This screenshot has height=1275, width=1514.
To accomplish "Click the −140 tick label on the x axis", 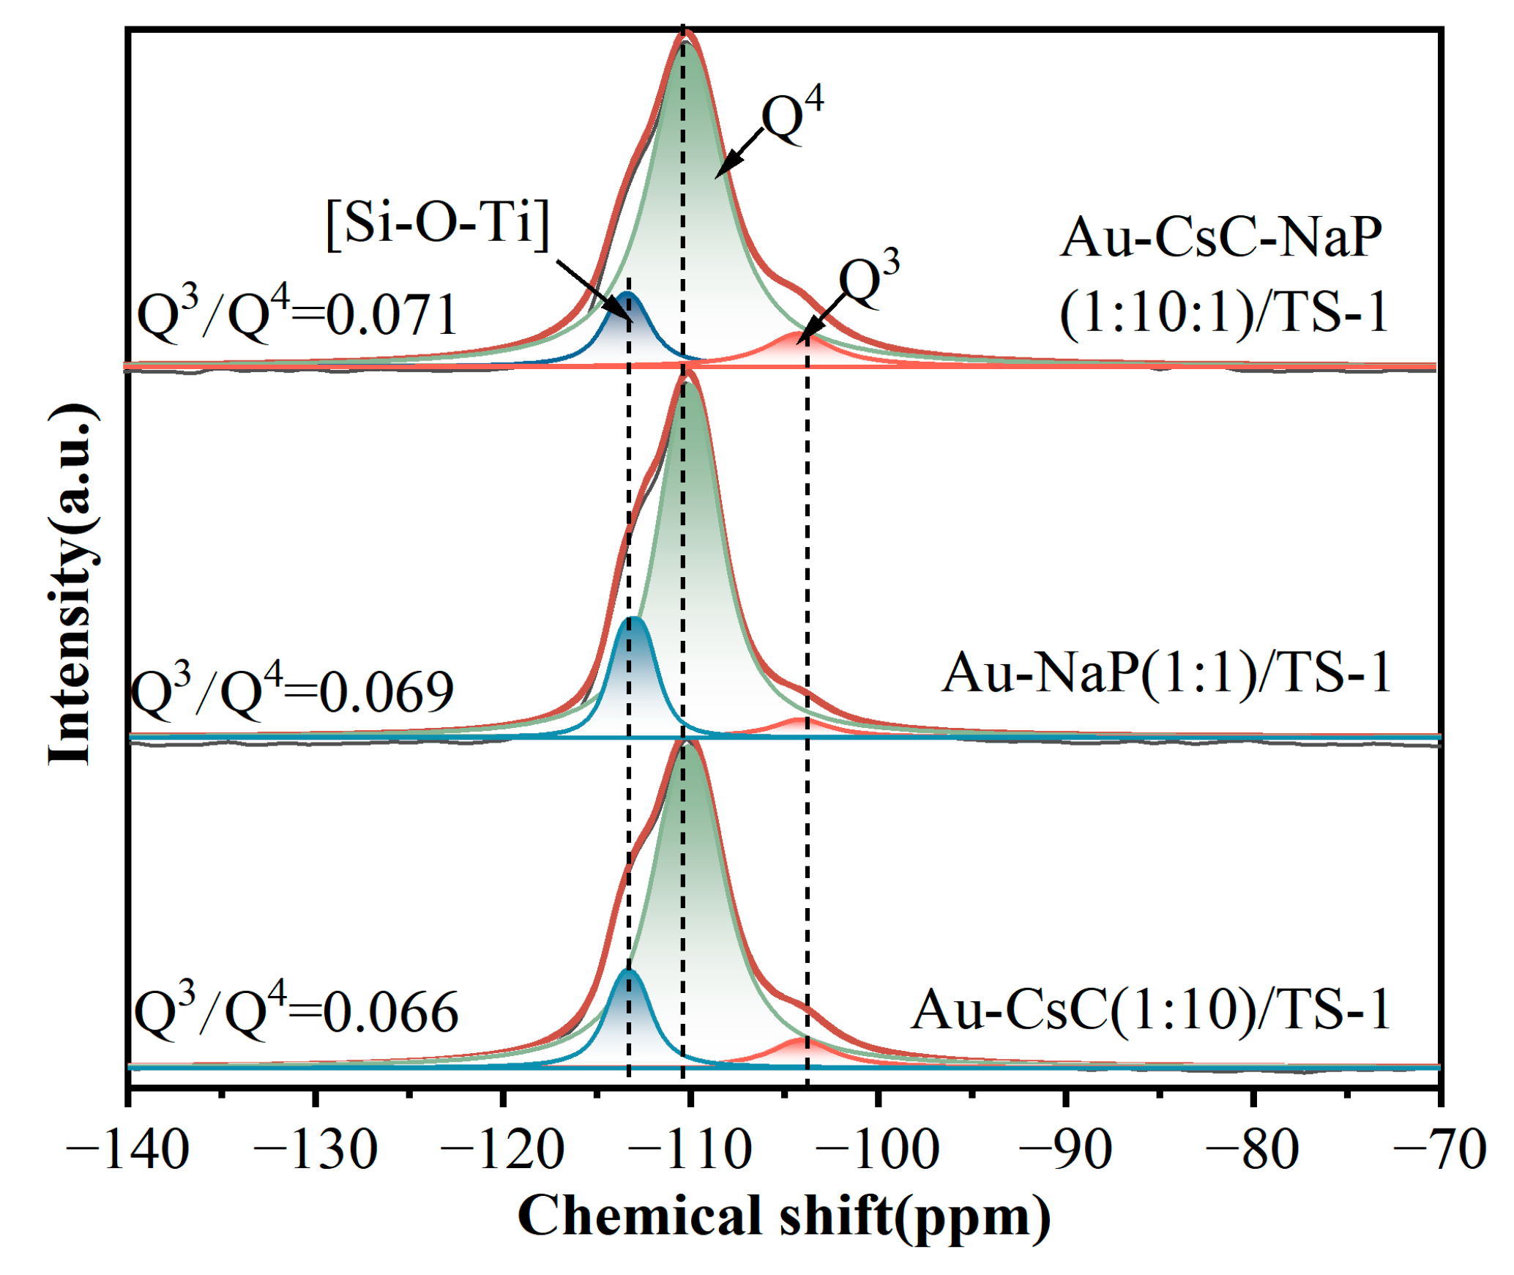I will (x=127, y=1151).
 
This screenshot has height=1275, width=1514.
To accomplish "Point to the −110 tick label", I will (x=690, y=1151).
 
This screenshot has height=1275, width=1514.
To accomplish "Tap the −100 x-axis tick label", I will (x=877, y=1151).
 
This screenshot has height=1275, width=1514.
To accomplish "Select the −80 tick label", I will (x=1252, y=1151).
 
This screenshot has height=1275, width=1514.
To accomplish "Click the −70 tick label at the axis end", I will (x=1439, y=1151).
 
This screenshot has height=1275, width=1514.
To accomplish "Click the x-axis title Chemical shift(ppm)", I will (x=783, y=1216).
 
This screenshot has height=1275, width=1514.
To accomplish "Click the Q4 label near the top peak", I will (x=792, y=116).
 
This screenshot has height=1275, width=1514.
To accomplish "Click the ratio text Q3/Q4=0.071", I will (x=297, y=314).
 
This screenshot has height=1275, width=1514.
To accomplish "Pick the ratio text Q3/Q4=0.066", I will (x=296, y=1011).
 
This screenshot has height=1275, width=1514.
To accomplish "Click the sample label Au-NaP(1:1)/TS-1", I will (x=1166, y=672).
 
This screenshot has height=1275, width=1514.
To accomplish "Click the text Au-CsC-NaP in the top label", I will (x=1220, y=237).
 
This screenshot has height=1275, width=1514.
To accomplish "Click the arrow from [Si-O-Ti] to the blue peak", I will (x=593, y=290).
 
